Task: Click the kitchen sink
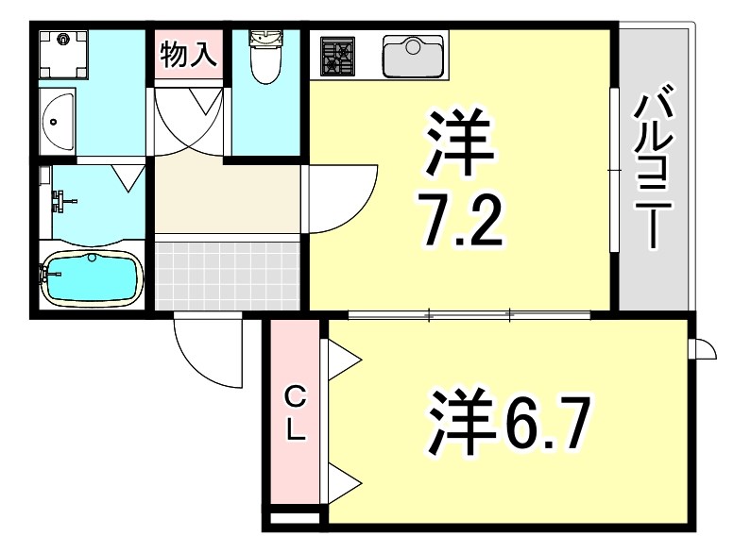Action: point(414,55)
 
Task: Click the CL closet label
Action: point(295,413)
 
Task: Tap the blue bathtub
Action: point(93,279)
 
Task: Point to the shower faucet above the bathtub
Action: point(62,200)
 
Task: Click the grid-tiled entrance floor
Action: point(227,274)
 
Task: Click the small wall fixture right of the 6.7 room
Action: point(704,349)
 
